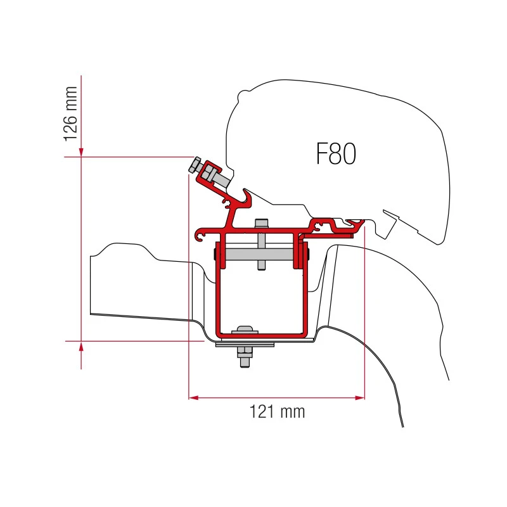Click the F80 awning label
click(336, 153)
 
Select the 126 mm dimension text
click(70, 114)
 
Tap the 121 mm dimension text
click(277, 412)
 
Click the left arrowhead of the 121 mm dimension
click(193, 397)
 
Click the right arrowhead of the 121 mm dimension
click(360, 397)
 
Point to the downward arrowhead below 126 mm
click(81, 152)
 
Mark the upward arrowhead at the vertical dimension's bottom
click(81, 347)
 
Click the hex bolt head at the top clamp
click(195, 165)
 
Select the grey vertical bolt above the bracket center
click(261, 244)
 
